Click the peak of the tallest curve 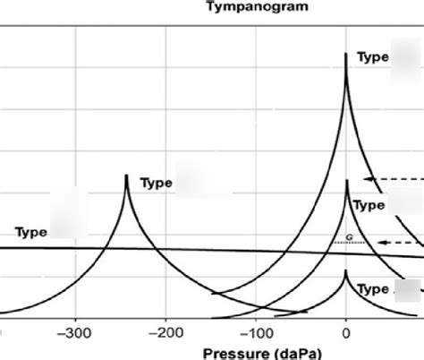[x=346, y=55]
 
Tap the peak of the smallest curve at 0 [x=346, y=271]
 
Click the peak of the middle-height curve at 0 [x=346, y=181]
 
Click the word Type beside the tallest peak [x=372, y=57]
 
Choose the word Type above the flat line [x=30, y=232]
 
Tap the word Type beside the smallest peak [x=372, y=289]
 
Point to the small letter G [x=348, y=237]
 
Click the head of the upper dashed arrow [x=370, y=180]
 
